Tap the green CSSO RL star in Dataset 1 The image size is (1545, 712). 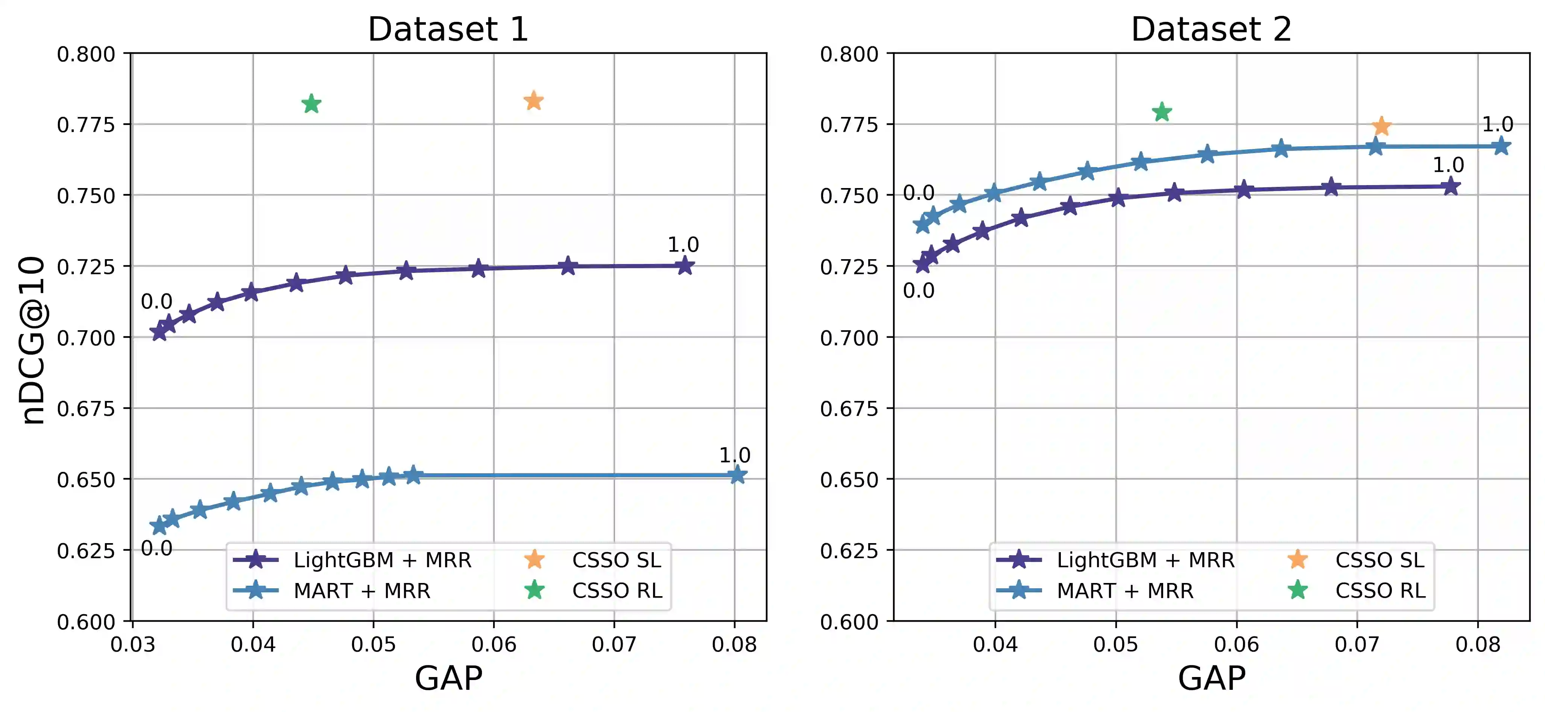click(x=311, y=104)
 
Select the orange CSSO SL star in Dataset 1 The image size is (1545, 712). click(x=533, y=101)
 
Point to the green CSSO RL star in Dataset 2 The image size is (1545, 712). click(x=1162, y=112)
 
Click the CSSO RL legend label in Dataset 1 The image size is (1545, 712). click(x=617, y=591)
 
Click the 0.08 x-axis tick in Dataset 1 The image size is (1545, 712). click(x=734, y=645)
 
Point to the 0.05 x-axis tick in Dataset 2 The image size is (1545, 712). click(x=1115, y=645)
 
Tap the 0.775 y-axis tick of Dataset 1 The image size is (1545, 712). click(x=86, y=125)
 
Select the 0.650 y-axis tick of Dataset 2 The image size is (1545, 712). click(x=849, y=480)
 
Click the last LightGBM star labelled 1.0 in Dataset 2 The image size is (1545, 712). click(x=1450, y=187)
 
